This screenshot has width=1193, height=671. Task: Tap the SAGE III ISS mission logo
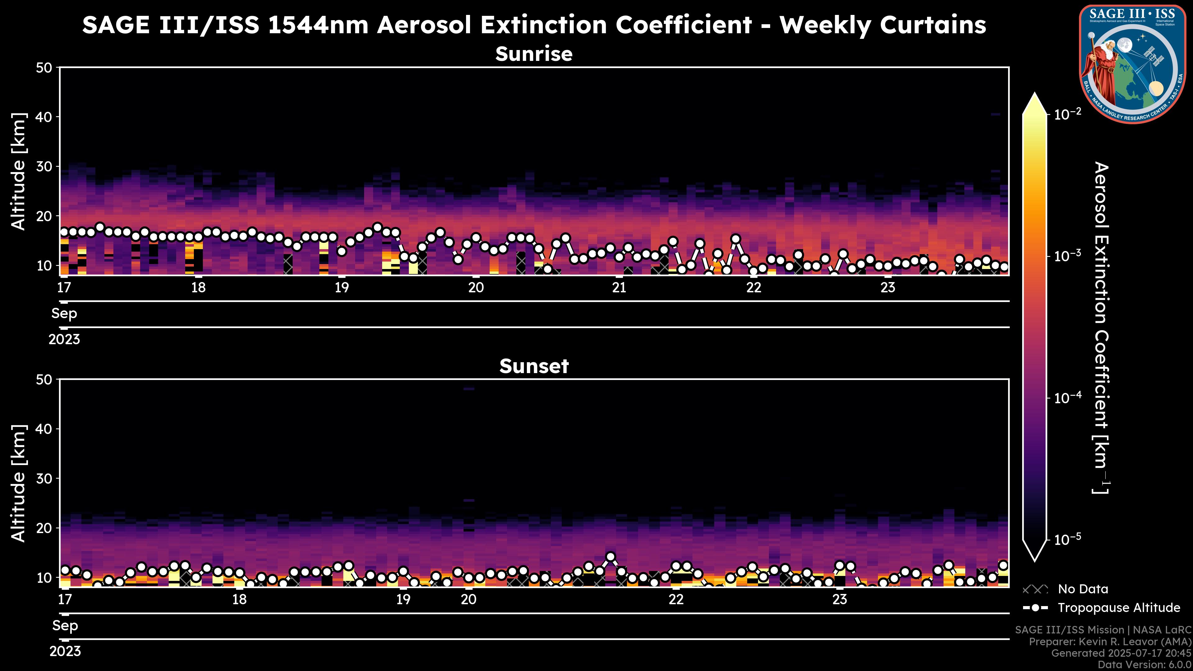[1132, 64]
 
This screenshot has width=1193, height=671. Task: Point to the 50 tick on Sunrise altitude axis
[44, 68]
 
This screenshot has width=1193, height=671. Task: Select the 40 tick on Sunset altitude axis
[44, 429]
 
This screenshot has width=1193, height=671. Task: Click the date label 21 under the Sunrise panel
[619, 288]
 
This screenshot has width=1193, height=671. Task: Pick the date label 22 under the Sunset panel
[676, 600]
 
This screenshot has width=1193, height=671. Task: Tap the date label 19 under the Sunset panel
[403, 600]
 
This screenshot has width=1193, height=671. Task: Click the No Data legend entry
[1083, 589]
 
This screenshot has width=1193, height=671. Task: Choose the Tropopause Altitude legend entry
[1118, 608]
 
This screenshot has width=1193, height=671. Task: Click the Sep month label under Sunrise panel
[64, 313]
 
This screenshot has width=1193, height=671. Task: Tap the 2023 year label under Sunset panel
[65, 651]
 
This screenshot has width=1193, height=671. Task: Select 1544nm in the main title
[318, 25]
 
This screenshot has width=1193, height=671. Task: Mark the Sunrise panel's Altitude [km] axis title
[19, 171]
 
